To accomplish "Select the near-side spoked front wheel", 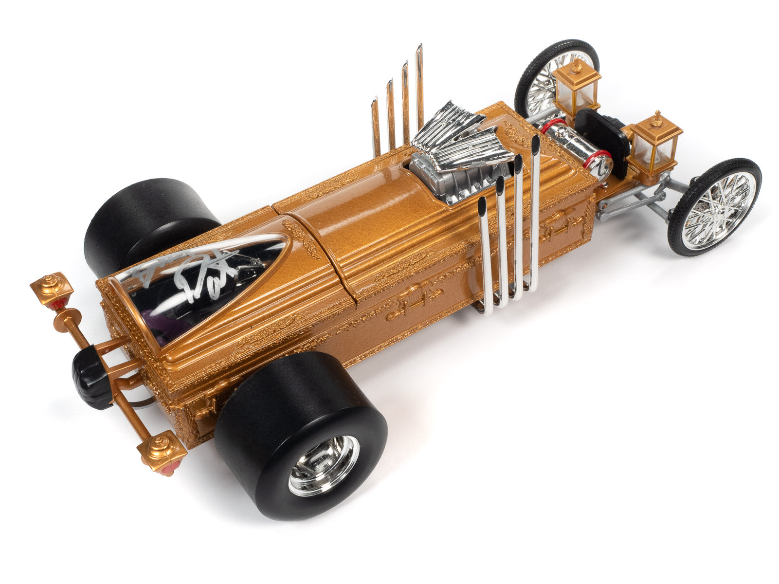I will (x=714, y=207).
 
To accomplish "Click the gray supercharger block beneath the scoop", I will (x=433, y=180).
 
